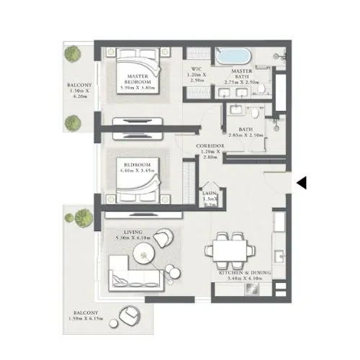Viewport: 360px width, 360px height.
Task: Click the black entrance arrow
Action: click(302, 184)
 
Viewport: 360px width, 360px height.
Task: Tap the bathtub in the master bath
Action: click(233, 57)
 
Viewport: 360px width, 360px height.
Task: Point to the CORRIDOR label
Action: click(212, 146)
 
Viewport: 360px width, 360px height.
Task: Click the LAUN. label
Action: click(210, 194)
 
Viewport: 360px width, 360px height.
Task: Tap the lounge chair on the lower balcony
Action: click(130, 315)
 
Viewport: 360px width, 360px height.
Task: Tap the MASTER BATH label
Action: click(243, 74)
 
